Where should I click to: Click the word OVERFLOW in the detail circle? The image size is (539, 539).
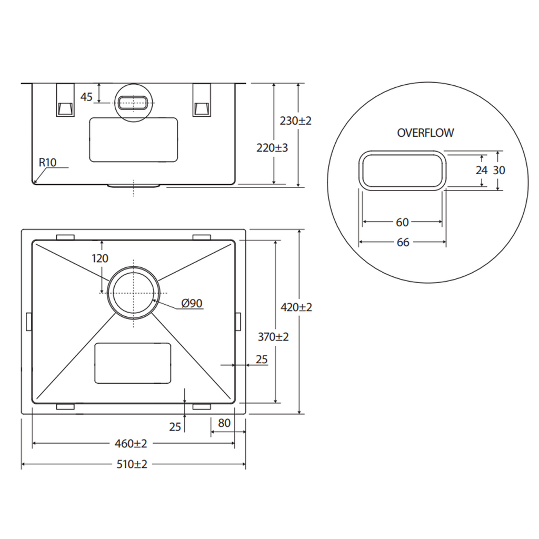pos(425,133)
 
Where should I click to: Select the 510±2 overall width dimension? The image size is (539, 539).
pos(132,464)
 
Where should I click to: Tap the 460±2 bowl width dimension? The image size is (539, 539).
pos(131,444)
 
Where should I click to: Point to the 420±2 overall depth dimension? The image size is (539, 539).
pos(296,307)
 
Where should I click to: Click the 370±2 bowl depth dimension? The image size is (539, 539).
pos(273,336)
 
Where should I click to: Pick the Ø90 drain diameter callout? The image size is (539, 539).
pos(192,303)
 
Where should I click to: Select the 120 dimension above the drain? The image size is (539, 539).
pos(100,258)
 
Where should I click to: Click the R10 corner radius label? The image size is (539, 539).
pos(47,162)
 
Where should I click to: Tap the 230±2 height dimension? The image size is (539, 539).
pos(296,121)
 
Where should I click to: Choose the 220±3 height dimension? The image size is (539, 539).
pos(272,148)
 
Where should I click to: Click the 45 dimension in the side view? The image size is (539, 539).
pos(86,97)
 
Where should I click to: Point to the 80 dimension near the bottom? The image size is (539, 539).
pos(224,423)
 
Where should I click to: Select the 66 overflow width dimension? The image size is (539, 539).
pos(403,242)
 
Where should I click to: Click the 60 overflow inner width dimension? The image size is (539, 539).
pos(402,223)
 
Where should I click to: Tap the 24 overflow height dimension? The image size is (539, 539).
pos(482,170)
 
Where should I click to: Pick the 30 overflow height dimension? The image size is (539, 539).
pos(499,170)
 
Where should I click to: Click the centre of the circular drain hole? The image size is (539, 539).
pos(133,293)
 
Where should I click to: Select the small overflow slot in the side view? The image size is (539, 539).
pos(133,103)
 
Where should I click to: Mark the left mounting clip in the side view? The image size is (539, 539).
pos(65,100)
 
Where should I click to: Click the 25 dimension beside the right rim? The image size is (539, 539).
pos(262,359)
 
